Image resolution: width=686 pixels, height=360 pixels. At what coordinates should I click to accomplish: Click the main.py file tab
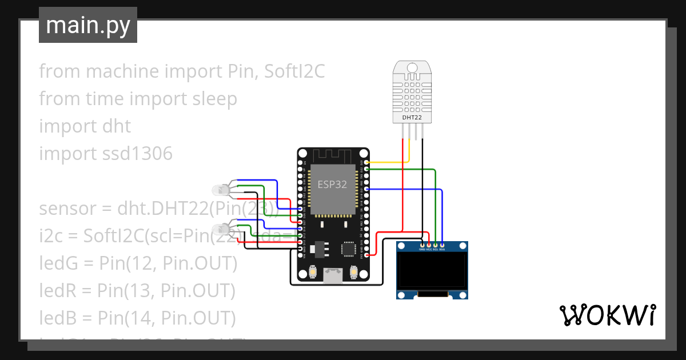pos(87,25)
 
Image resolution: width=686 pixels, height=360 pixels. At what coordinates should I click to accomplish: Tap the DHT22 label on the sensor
pos(412,117)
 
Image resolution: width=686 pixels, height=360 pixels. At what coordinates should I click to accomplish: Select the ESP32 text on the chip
pos(332,184)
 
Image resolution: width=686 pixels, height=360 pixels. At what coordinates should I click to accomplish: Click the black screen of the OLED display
pos(433,271)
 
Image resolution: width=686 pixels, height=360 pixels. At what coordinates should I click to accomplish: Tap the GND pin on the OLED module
pos(422,245)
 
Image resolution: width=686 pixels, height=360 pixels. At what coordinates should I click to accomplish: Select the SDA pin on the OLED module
pos(442,245)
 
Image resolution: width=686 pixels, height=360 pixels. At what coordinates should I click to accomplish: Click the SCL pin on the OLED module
pos(436,245)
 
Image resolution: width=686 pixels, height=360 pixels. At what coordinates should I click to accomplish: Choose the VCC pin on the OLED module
pos(429,245)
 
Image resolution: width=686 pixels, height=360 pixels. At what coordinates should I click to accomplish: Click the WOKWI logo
pos(607,315)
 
